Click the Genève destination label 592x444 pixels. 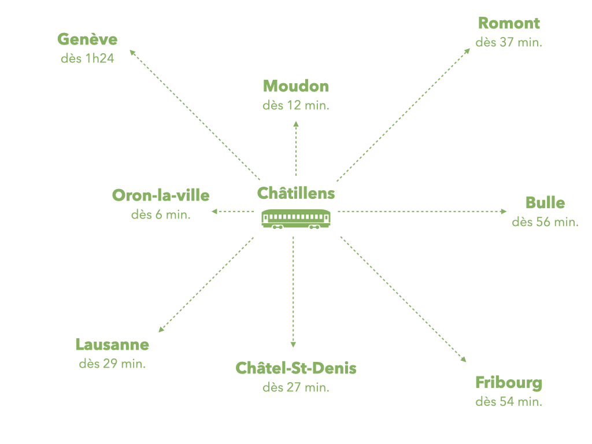[87, 39]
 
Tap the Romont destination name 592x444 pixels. [509, 24]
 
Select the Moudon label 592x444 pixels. [296, 87]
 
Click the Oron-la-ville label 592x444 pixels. [161, 195]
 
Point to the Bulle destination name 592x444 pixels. [545, 203]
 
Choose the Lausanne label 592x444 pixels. [112, 345]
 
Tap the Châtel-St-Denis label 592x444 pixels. [296, 368]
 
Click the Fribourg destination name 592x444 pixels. [509, 383]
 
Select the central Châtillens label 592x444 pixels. [296, 193]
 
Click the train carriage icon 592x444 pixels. [296, 219]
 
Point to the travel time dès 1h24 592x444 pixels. [87, 59]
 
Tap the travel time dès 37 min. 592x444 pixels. [509, 43]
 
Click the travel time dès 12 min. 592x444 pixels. [296, 106]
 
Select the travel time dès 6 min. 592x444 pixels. [161, 214]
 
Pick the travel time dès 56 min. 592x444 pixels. [545, 222]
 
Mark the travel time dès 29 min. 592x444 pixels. [112, 364]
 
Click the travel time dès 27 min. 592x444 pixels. [296, 387]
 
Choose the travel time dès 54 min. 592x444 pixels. [509, 402]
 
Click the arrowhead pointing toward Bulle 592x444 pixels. [504, 212]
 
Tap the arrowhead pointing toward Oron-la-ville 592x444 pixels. [214, 212]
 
